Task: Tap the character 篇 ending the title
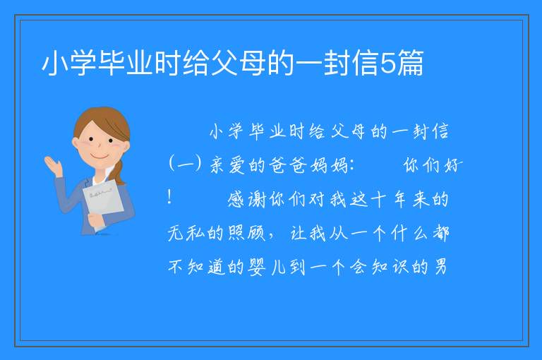pos(410,63)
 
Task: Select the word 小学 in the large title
pos(69,63)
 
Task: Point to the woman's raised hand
pos(53,166)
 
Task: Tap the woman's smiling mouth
pos(100,156)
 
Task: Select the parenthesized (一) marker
pos(186,164)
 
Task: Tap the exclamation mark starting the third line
pos(169,197)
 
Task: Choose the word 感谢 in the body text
pos(246,200)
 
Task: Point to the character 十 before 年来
pos(379,200)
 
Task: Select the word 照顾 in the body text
pos(247,233)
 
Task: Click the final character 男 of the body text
pos(440,267)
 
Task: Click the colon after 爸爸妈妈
pos(352,166)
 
